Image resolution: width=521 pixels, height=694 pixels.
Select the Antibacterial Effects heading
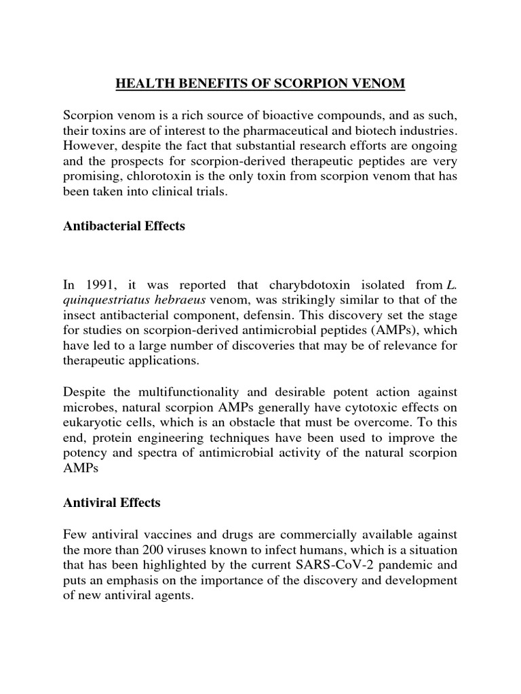tap(124, 226)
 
